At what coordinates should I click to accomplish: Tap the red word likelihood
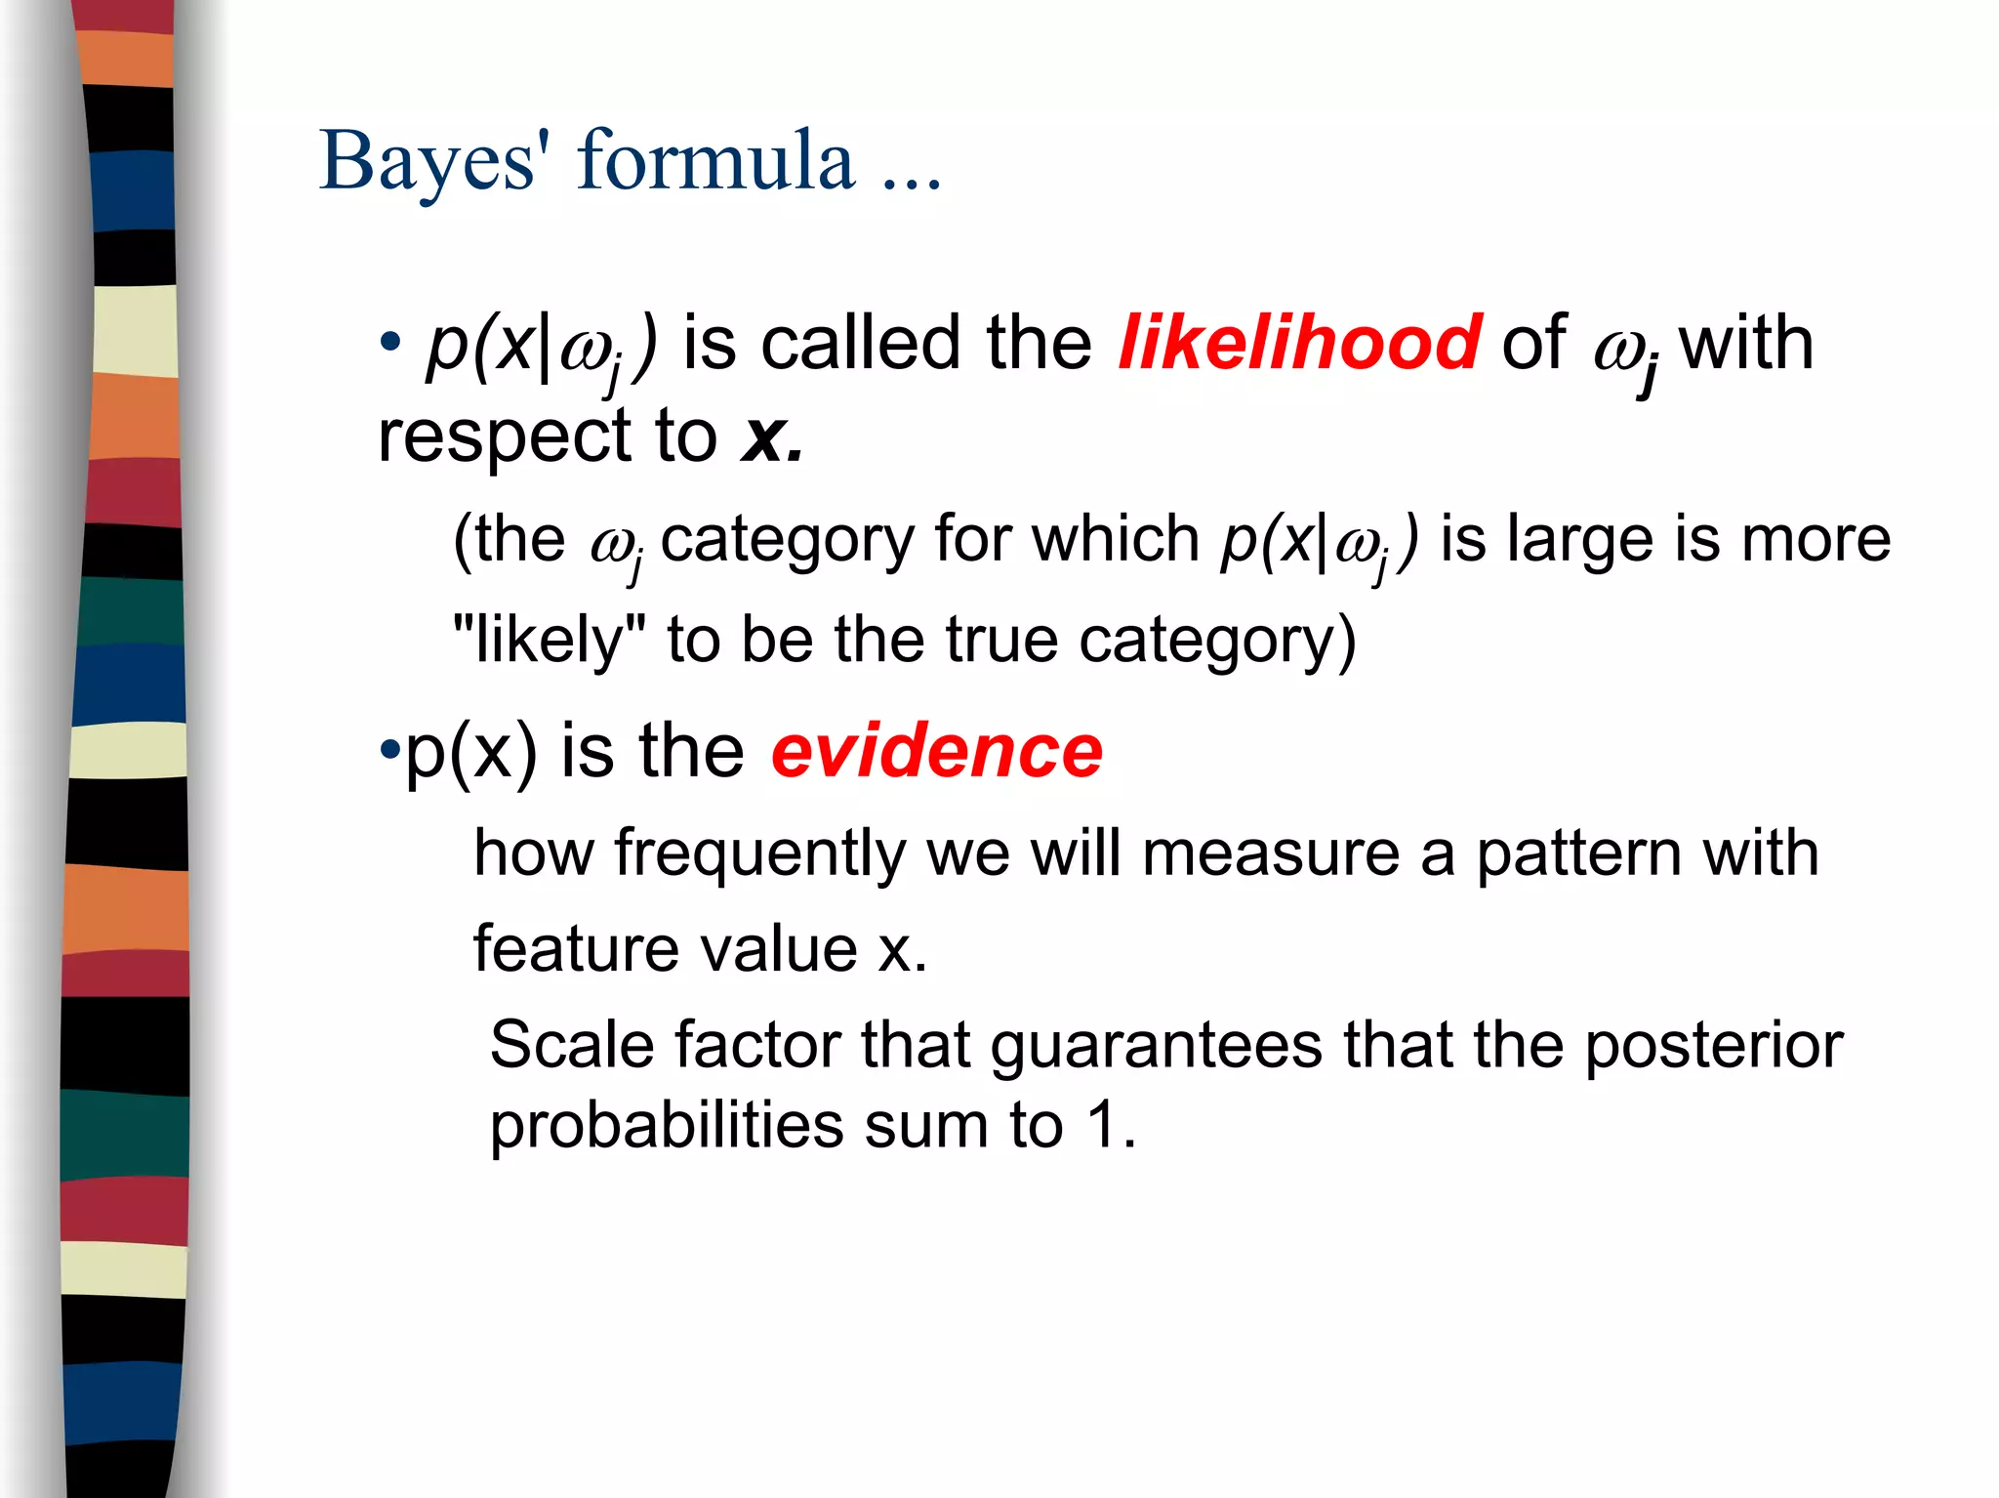[x=1299, y=343]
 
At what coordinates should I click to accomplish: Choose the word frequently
[x=760, y=853]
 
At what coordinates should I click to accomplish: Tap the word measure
[x=1271, y=853]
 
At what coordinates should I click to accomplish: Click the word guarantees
[x=1156, y=1046]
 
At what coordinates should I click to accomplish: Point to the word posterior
[x=1713, y=1046]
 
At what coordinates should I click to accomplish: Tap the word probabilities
[x=666, y=1126]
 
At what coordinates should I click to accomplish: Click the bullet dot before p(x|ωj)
[x=390, y=344]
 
